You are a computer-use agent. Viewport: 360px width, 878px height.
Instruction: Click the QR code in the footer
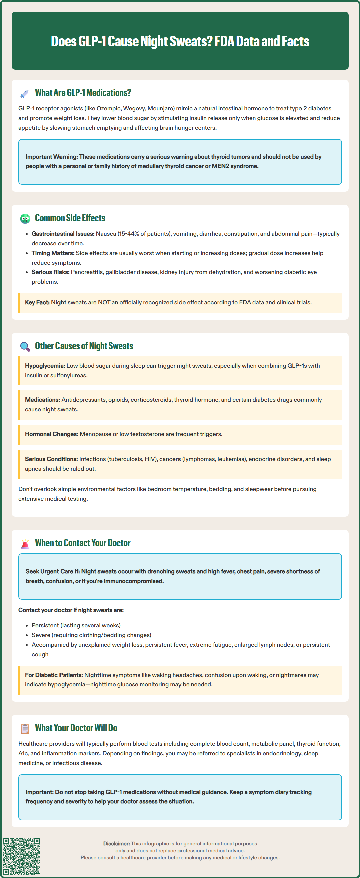(22, 856)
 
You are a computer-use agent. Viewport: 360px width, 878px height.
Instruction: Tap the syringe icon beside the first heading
(25, 93)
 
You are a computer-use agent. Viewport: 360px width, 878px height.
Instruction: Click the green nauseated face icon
(25, 219)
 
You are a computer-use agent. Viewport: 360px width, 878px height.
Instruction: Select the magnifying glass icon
(25, 347)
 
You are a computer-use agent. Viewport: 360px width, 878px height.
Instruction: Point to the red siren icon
(25, 544)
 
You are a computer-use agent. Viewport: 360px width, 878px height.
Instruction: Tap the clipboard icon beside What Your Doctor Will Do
(25, 728)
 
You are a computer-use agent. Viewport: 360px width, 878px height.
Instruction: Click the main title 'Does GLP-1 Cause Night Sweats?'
(180, 41)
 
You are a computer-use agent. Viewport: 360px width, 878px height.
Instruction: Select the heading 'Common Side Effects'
(70, 218)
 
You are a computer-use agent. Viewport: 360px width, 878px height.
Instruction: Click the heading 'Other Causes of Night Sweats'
(84, 346)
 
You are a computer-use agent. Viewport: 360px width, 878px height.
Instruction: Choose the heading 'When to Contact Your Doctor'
(83, 543)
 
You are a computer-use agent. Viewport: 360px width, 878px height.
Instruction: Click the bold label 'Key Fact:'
(37, 303)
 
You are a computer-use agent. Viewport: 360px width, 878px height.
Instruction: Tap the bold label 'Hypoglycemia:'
(45, 366)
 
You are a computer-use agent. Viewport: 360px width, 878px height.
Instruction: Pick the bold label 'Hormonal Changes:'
(51, 434)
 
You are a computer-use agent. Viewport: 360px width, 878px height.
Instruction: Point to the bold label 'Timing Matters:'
(53, 253)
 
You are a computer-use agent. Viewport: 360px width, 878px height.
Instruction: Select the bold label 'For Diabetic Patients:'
(54, 675)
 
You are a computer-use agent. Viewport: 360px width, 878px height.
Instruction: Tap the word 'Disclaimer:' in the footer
(116, 844)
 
